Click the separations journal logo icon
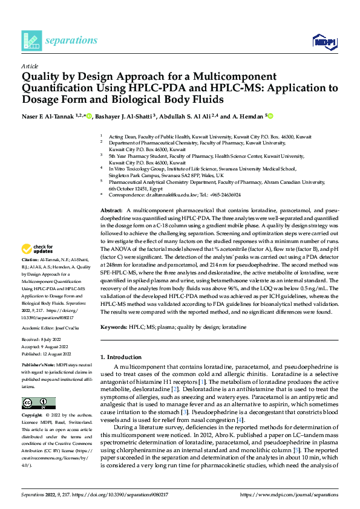point(31,41)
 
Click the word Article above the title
point(29,65)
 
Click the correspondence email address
point(169,195)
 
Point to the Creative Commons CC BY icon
point(39,403)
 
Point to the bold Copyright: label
point(33,416)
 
